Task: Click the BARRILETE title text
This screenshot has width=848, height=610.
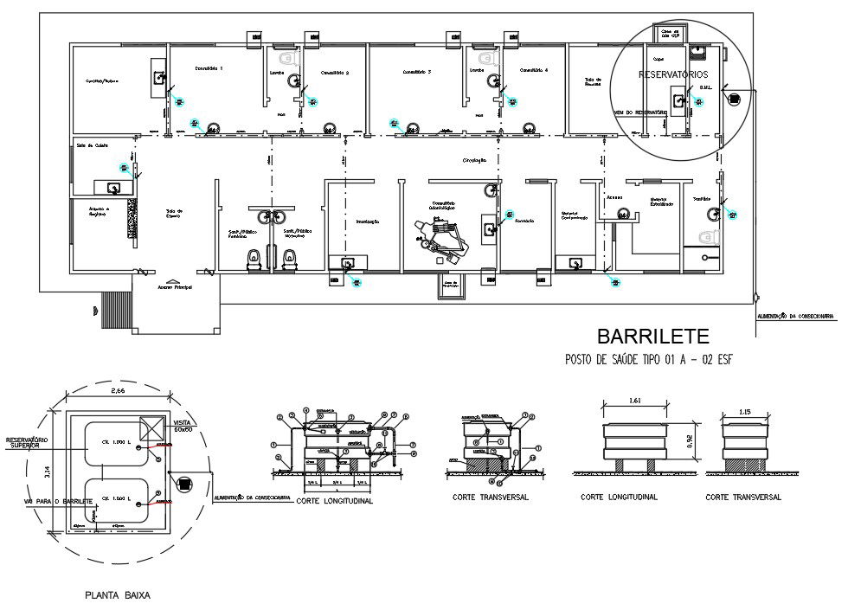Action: [653, 336]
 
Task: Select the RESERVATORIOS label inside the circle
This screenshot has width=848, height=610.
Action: [673, 75]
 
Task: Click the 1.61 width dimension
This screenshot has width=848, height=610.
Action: [635, 401]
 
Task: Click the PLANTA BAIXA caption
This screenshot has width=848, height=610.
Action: [117, 595]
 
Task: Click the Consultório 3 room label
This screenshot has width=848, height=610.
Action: [416, 72]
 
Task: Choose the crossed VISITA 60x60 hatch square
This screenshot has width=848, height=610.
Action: [151, 427]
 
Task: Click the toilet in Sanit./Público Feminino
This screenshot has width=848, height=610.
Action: [254, 257]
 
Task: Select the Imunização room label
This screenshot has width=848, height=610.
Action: [368, 222]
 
